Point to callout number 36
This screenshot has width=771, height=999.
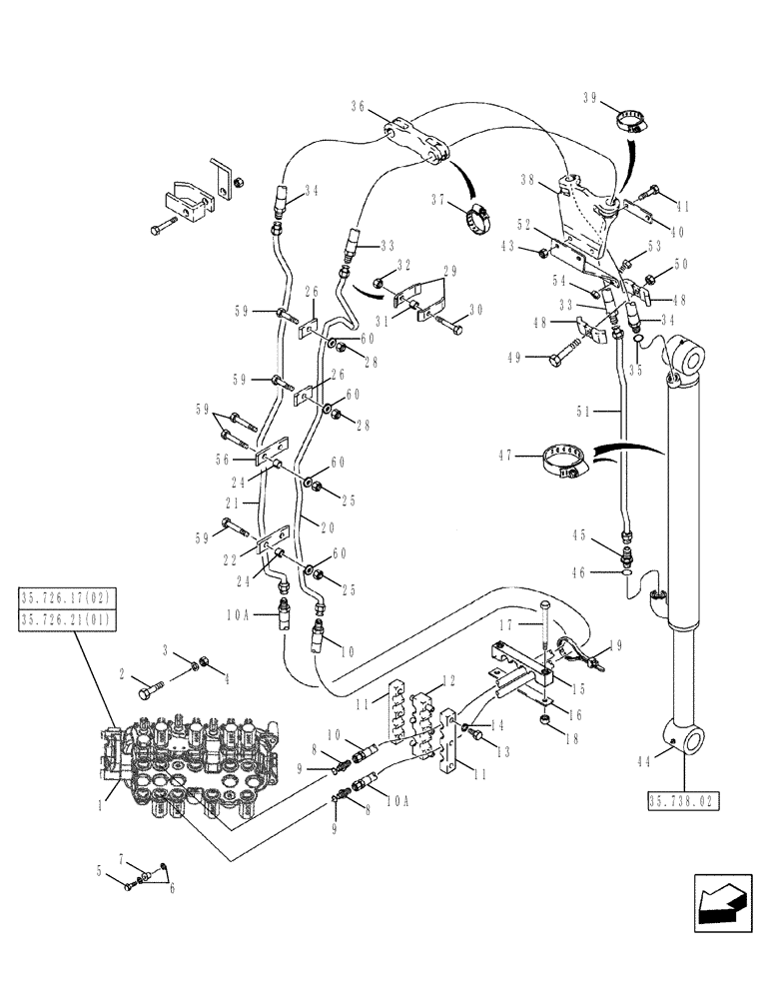point(360,106)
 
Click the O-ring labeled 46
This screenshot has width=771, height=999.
point(623,572)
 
